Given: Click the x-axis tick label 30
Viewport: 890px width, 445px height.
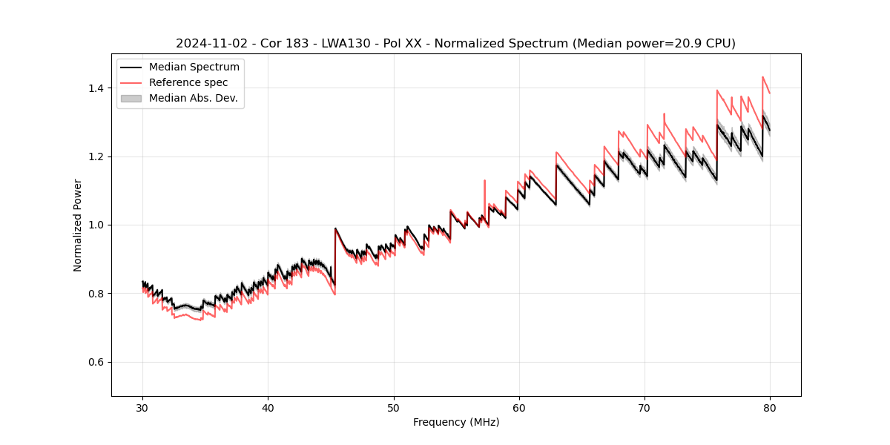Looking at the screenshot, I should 142,407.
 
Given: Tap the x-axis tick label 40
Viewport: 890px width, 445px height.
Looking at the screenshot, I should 268,407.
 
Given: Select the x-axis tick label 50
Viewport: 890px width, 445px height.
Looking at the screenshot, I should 393,407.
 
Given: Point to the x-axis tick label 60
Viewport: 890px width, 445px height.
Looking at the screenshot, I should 519,407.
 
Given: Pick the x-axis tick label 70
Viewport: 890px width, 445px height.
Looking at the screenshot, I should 645,407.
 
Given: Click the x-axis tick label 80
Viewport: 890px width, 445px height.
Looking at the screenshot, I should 770,407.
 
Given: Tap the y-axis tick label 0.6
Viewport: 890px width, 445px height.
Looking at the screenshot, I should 98,362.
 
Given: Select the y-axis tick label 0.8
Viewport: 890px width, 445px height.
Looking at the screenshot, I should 98,294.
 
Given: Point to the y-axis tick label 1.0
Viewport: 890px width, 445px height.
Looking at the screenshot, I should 98,225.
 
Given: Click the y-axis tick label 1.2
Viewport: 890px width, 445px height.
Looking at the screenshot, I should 98,156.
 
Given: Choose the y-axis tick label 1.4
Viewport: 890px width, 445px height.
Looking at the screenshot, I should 98,88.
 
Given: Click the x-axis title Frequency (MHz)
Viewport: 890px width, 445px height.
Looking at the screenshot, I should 456,422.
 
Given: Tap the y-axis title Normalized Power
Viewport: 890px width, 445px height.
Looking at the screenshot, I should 78,225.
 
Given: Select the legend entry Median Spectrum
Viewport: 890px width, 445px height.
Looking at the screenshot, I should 194,67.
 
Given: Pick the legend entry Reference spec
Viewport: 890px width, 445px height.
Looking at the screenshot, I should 188,82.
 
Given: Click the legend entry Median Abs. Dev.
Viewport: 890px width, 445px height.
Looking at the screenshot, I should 193,98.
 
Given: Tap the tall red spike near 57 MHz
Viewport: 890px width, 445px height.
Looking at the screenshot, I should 484,181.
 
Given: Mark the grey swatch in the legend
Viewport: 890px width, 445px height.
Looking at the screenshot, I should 131,98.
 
